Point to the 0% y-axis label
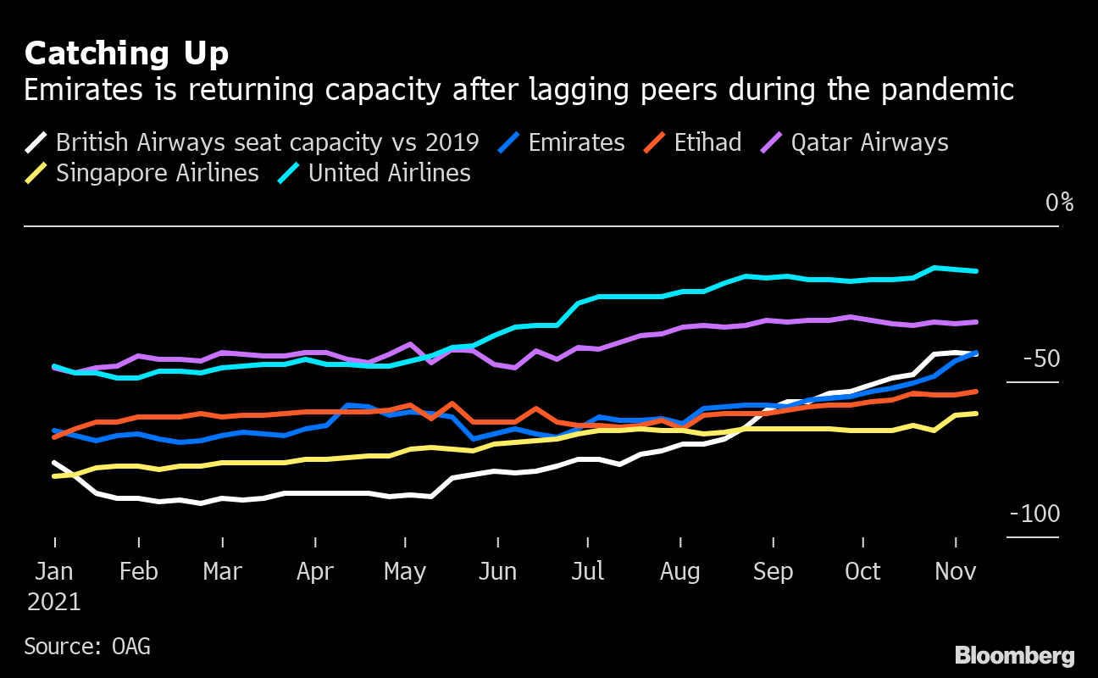click(1059, 203)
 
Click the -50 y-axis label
click(1041, 359)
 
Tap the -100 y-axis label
click(1034, 514)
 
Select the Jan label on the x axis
click(54, 572)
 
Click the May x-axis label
click(405, 572)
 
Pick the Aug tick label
click(679, 572)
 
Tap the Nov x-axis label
click(955, 572)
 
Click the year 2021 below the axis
click(54, 603)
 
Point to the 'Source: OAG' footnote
click(87, 647)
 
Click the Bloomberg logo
click(1014, 655)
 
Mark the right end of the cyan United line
click(977, 271)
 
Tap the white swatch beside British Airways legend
click(36, 142)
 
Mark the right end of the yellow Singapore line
click(977, 414)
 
